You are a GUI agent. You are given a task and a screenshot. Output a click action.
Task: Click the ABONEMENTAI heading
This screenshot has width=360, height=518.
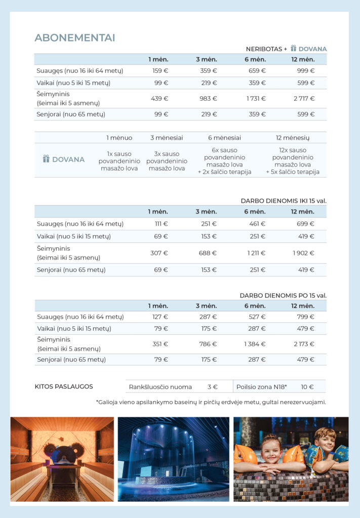point(74,38)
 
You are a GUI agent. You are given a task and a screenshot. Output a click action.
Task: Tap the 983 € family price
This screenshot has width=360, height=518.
point(208,99)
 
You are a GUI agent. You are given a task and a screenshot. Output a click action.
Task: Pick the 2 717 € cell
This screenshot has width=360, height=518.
point(305,99)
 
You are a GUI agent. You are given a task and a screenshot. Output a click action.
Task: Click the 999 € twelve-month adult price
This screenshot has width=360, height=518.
point(305,71)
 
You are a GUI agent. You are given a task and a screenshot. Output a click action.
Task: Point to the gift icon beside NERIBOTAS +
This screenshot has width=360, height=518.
point(294,49)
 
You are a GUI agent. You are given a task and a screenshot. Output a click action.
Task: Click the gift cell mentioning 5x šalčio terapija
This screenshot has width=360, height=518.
point(293,161)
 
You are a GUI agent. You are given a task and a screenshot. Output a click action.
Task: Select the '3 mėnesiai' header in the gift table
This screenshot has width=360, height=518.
point(167,138)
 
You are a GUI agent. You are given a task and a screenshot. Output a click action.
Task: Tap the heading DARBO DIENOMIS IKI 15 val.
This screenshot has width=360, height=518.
point(283,201)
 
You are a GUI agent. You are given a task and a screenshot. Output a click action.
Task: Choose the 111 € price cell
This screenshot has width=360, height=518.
point(162,224)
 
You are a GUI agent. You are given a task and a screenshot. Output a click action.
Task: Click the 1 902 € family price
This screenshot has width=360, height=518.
point(303,253)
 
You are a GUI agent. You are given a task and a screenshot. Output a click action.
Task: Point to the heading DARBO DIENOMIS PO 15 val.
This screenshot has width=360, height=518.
point(283,295)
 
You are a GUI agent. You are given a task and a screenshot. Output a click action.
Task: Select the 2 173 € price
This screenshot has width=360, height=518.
point(303,344)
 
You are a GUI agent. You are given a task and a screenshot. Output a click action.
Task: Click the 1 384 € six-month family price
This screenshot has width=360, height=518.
point(255,344)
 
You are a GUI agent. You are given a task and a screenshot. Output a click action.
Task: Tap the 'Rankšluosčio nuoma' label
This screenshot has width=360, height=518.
point(161,387)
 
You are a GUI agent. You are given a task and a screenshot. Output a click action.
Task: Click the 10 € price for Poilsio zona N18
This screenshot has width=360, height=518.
point(307,387)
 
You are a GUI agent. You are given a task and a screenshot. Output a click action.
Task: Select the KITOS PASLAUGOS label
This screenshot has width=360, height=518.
point(64,386)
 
